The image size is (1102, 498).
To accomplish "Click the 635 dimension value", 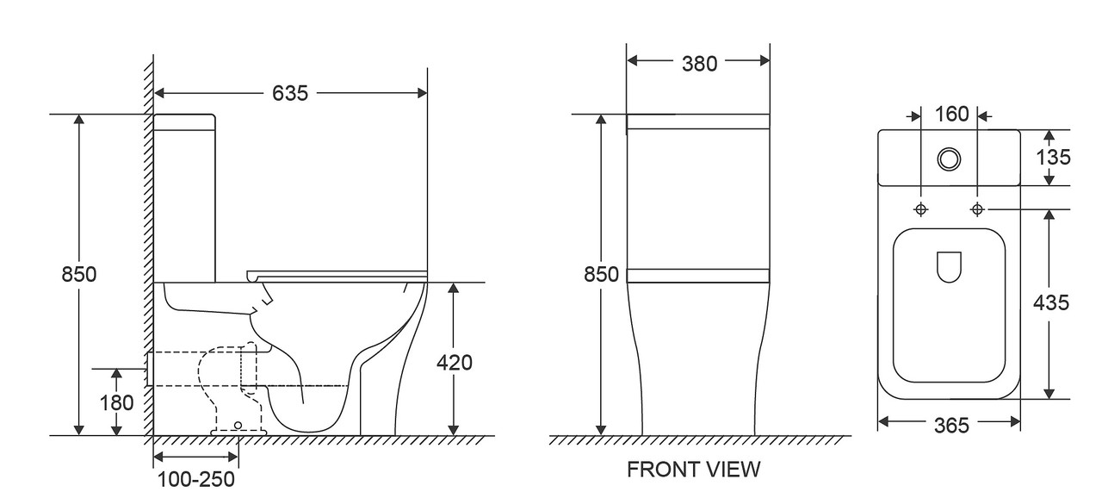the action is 290,93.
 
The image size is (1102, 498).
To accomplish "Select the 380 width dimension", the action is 699,64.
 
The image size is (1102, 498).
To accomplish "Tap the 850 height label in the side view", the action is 78,274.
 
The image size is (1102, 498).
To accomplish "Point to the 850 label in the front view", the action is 601,274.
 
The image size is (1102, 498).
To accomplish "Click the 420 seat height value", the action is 454,363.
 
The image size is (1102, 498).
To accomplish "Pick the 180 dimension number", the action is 116,403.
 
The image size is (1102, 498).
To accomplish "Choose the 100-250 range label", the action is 195,479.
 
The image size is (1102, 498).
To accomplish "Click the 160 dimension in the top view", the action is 951,115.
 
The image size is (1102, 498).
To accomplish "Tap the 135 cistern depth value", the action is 1053,158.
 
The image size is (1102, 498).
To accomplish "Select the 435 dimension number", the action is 1051,302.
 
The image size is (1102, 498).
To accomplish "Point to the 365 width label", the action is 951,426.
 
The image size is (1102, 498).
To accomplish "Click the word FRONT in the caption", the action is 662,470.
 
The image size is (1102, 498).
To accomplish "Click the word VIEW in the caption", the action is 733,470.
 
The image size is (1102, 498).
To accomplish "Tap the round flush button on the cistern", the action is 949,159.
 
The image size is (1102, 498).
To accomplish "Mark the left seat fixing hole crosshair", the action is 920,209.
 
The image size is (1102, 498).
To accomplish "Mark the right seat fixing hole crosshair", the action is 977,209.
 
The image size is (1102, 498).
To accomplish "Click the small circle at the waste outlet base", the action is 238,425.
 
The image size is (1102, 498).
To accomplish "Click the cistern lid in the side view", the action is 184,122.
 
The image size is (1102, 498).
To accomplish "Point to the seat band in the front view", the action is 698,276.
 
